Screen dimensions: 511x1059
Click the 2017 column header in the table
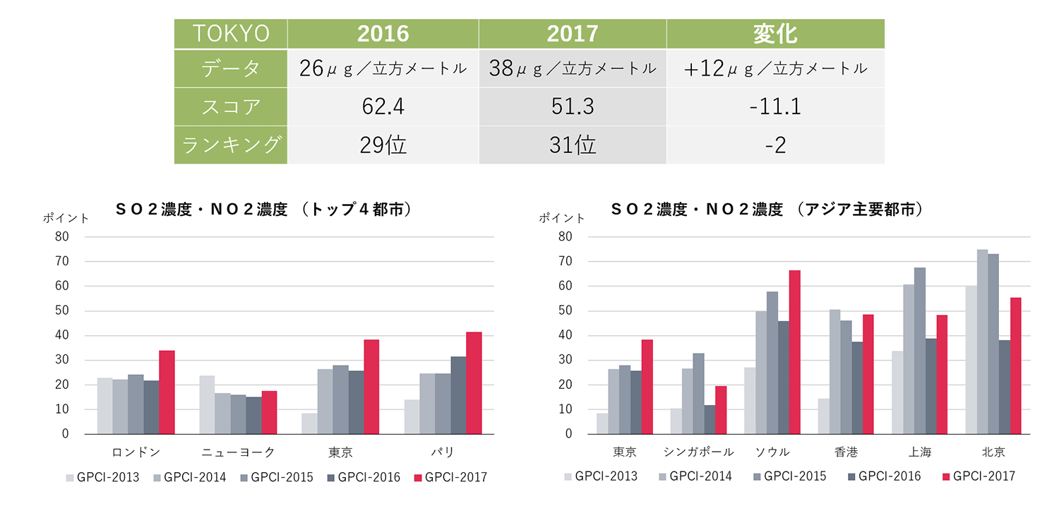[x=572, y=34]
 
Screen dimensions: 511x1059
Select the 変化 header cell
[x=774, y=34]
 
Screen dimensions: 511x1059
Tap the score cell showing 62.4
[x=383, y=107]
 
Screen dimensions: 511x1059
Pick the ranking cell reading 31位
[x=572, y=145]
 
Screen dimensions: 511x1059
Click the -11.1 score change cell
[x=774, y=107]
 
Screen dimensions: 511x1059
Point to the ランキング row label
[x=231, y=145]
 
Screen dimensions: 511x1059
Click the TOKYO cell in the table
[x=231, y=34]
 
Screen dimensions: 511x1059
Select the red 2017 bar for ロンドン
[x=167, y=392]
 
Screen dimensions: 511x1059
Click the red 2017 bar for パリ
[x=474, y=383]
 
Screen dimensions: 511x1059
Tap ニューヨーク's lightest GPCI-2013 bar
[x=207, y=404]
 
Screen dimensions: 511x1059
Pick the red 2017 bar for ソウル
[x=795, y=352]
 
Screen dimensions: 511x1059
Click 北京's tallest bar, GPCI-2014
[x=983, y=342]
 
